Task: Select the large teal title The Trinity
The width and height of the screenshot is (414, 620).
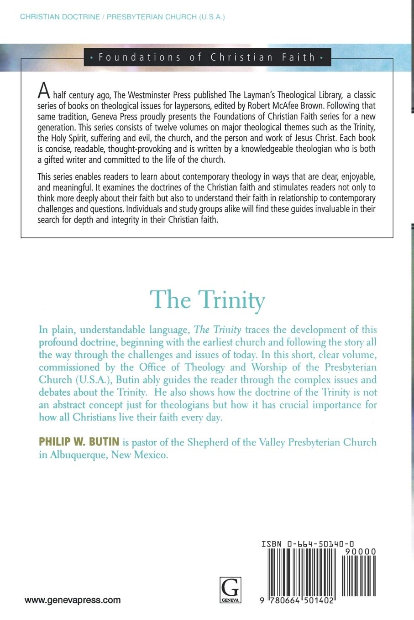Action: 208,300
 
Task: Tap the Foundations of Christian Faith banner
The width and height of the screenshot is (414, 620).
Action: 207,57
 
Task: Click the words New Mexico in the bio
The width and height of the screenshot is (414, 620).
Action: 143,455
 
